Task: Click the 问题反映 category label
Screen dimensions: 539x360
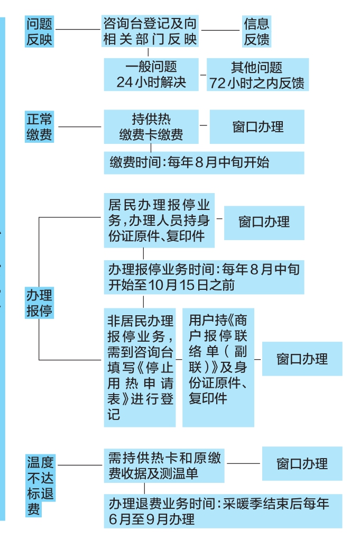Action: tap(40, 31)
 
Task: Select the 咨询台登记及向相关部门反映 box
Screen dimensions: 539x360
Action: tap(151, 31)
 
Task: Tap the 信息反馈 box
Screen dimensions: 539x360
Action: tap(256, 31)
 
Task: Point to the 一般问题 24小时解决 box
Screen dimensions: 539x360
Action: tap(151, 75)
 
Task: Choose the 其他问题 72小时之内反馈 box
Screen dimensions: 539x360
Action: tap(256, 75)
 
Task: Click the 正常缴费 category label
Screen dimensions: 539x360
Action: tap(40, 126)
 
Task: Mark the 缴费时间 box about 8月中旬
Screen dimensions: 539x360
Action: tap(204, 163)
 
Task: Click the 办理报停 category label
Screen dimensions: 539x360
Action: tap(40, 302)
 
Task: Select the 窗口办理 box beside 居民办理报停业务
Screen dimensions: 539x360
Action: tap(264, 221)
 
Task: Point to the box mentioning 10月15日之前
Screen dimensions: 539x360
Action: tap(204, 277)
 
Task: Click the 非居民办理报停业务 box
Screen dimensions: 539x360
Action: tap(140, 367)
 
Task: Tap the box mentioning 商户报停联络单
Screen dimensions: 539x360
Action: tap(218, 367)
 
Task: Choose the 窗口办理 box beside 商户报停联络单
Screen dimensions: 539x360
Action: tap(302, 359)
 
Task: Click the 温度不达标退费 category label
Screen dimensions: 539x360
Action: tap(41, 486)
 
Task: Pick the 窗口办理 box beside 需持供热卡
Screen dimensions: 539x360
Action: tap(302, 464)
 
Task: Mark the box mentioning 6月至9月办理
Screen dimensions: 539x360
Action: tap(223, 511)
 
